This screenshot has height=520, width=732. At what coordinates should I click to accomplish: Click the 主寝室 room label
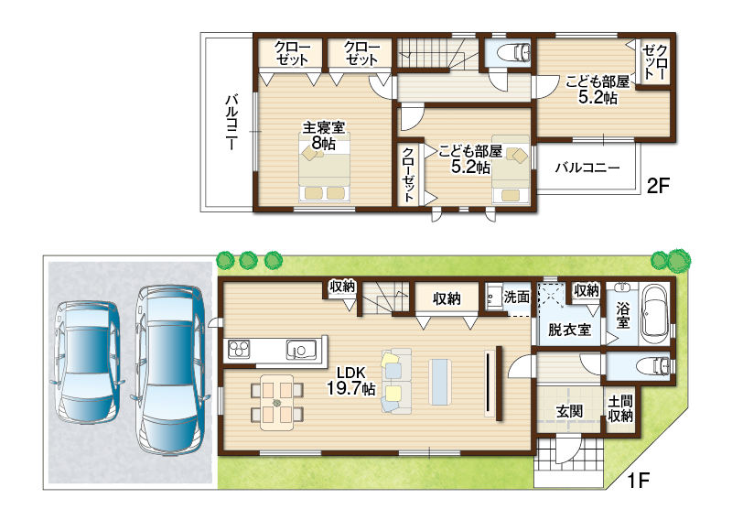coord(324,127)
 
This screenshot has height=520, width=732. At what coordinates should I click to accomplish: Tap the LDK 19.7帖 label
coord(351,381)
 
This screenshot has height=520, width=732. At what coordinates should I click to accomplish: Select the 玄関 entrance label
coord(569,412)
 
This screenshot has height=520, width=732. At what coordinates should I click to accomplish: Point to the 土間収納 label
coord(620,408)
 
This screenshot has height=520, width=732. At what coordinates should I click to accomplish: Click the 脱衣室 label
coord(569,330)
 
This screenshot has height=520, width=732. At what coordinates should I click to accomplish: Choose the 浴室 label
coord(623,315)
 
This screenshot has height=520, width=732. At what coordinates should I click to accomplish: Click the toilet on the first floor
coord(656,365)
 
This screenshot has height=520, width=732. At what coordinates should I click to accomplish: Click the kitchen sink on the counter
coord(302,350)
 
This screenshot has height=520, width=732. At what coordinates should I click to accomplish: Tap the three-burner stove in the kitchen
coord(239,350)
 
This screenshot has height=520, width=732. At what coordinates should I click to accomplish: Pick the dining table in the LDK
coord(277,402)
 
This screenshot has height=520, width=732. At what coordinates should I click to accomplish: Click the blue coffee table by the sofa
coord(440,382)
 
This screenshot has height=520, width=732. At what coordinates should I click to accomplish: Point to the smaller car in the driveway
coord(87,363)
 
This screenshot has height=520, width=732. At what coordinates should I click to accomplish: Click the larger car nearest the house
coord(170,369)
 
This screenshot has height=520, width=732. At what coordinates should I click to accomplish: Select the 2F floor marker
coord(658,187)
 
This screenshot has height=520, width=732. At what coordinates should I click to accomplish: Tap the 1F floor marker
coord(638,480)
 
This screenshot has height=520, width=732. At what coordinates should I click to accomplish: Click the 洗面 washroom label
coord(517,297)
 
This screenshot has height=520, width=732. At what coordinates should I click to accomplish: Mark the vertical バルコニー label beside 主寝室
coord(232,122)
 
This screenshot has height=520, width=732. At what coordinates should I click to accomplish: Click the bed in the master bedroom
coord(325,168)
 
